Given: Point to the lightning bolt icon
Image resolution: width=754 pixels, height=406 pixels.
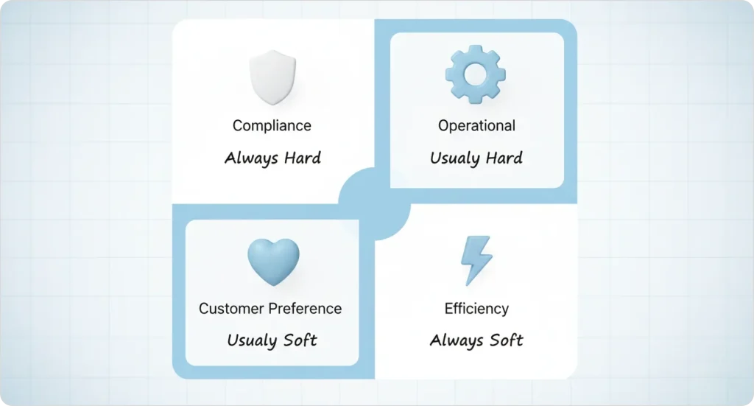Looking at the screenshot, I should pos(476,260).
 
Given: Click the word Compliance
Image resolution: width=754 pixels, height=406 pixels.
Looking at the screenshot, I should pos(272,125).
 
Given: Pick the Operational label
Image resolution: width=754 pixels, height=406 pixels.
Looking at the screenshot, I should pos(476,125).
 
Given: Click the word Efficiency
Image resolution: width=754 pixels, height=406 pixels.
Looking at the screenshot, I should pos(476,309).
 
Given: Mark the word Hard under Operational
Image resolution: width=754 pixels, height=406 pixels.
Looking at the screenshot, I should pos(504,158).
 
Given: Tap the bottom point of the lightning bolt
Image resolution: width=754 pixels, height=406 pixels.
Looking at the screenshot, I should pos(466,283).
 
